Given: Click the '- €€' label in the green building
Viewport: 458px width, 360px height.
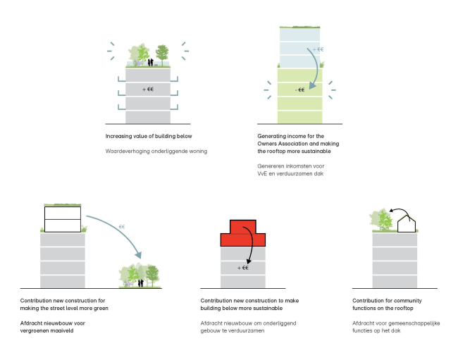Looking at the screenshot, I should pyautogui.click(x=299, y=89).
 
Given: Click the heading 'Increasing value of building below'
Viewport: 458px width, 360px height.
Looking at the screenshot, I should pyautogui.click(x=148, y=135).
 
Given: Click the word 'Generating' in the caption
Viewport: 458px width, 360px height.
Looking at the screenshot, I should pyautogui.click(x=275, y=135).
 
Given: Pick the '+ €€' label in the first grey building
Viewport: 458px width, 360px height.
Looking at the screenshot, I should pyautogui.click(x=148, y=89).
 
